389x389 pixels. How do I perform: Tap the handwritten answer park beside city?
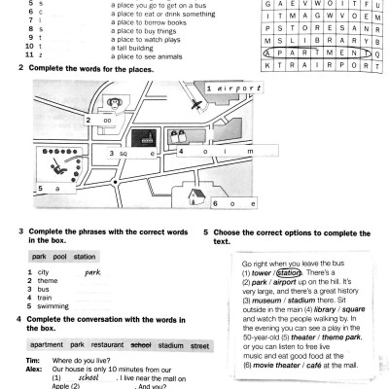[93, 272]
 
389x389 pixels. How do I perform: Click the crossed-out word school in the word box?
[140, 344]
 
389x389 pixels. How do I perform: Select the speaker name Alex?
[32, 367]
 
